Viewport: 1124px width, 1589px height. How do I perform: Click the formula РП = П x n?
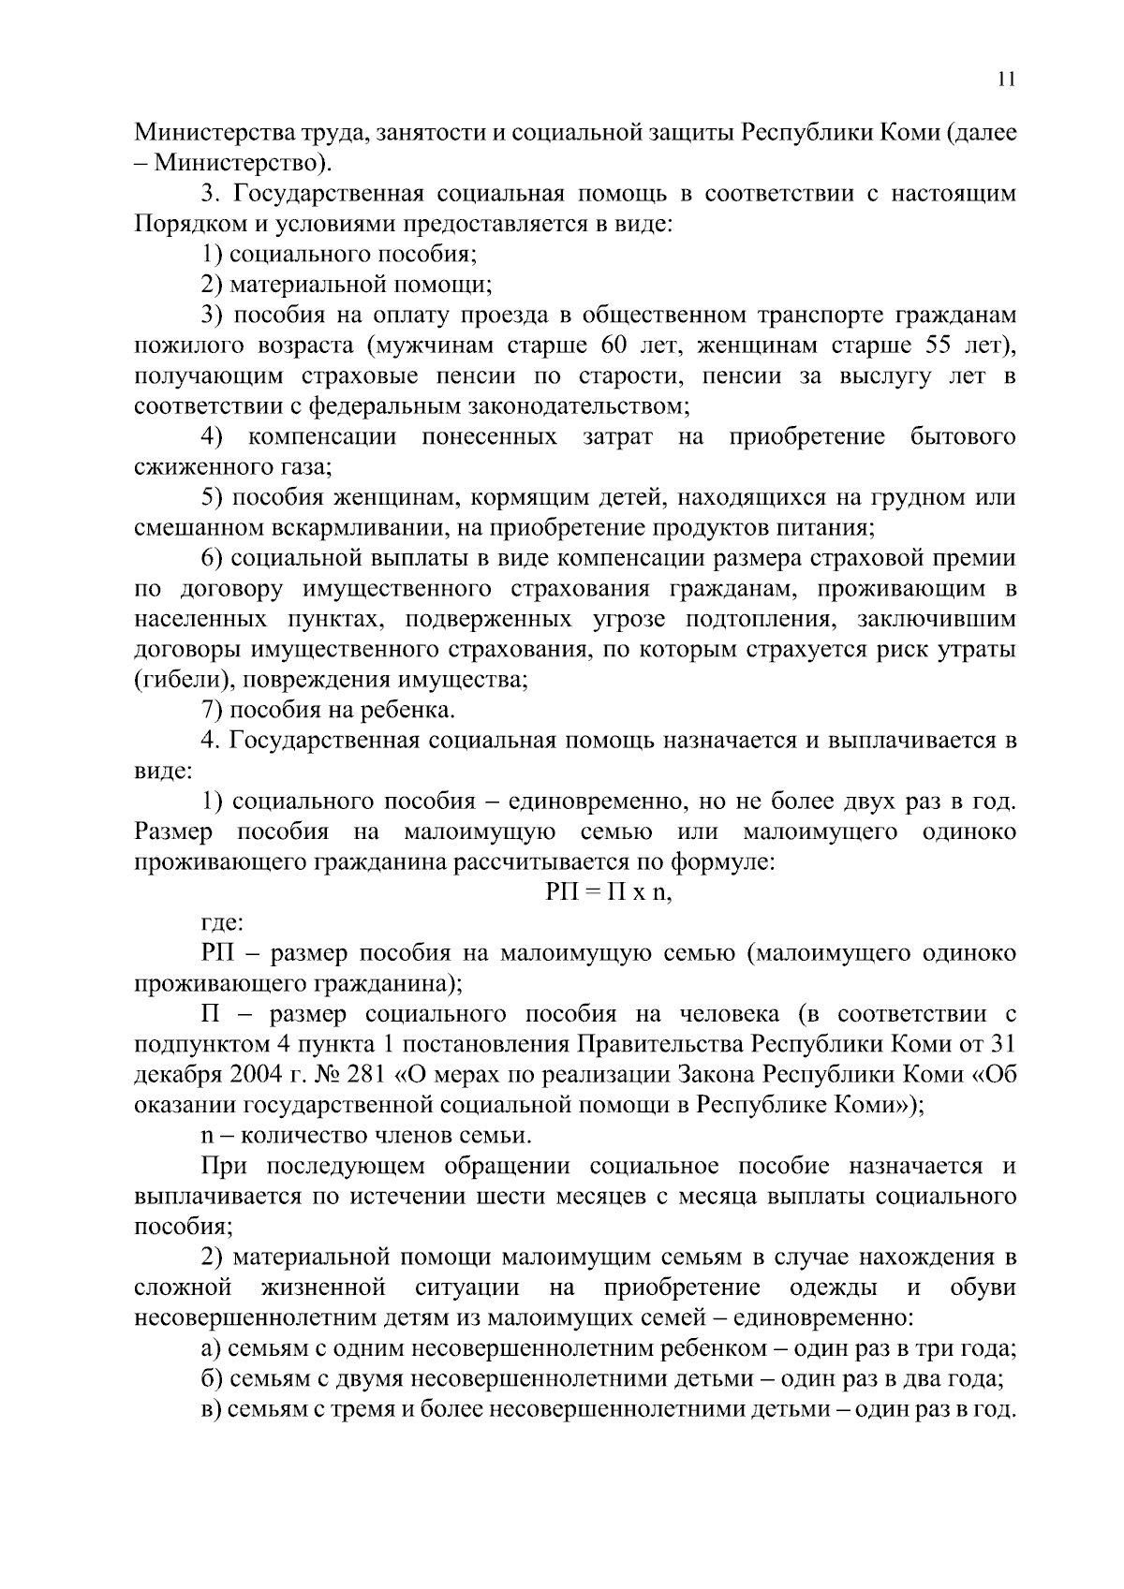pos(609,892)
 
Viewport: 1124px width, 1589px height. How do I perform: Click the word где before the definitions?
pos(223,923)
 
